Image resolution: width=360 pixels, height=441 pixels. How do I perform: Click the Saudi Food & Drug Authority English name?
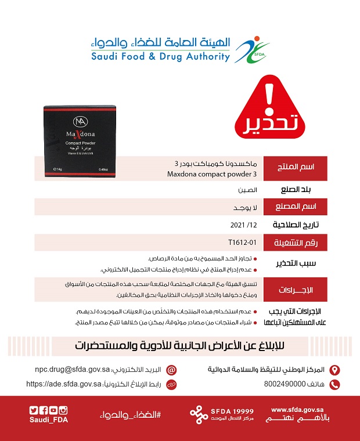click(x=160, y=57)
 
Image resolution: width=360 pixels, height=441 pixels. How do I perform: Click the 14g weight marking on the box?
click(x=58, y=169)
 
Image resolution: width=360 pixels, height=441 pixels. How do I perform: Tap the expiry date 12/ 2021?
click(x=243, y=224)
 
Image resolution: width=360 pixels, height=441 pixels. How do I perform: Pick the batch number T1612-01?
click(x=242, y=241)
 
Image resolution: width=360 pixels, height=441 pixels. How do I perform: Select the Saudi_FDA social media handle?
click(x=49, y=420)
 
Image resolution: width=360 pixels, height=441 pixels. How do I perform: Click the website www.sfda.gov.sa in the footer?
click(x=297, y=409)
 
